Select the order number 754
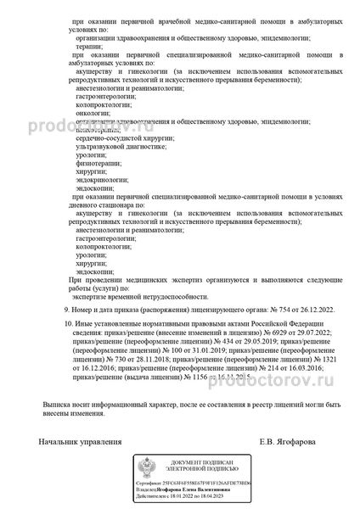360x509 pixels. (x=266, y=312)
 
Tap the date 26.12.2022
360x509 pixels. (x=293, y=312)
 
